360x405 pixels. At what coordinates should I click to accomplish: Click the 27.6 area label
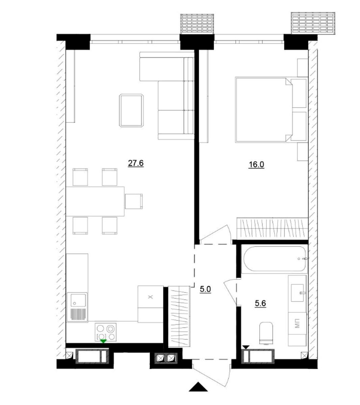point(136,163)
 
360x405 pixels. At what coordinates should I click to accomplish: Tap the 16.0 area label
point(256,165)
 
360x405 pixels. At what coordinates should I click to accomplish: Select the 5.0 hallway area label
point(205,289)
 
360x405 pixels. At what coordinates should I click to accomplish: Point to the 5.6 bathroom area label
point(260,303)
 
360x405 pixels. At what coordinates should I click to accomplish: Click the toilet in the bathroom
point(266,333)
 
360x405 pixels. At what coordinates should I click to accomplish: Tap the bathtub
point(274,259)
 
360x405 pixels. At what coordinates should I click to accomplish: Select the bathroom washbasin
point(298,293)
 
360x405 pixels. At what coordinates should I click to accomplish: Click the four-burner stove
point(106,332)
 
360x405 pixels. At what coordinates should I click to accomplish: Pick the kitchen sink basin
point(77,300)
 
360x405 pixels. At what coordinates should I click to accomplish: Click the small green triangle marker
point(103,341)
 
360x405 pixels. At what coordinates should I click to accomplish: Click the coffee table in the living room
point(131,111)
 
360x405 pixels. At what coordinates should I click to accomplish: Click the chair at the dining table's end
point(134,201)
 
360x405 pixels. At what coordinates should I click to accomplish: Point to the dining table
point(95,201)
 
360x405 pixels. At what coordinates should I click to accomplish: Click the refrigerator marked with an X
point(150,297)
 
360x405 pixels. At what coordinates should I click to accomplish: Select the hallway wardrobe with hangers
point(179,316)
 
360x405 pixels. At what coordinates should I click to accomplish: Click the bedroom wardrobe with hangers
point(272,228)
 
